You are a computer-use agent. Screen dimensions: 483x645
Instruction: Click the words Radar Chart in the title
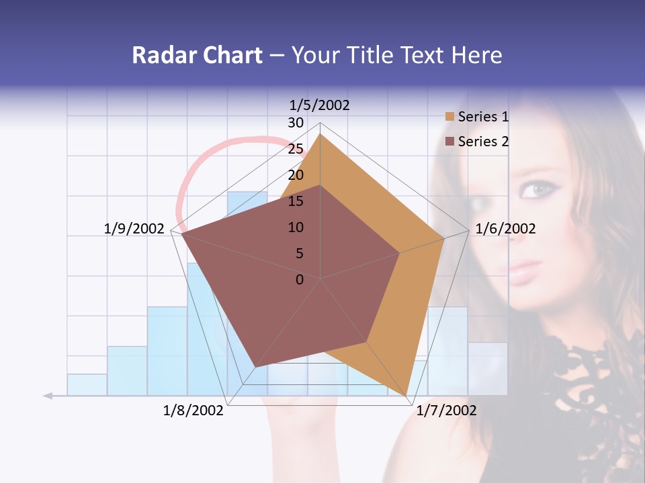[x=197, y=55]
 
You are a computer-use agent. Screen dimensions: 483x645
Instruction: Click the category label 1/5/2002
[x=319, y=105]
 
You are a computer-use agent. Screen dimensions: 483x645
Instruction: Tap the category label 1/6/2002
[x=505, y=229]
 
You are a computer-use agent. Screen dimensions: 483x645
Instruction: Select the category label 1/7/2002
[x=446, y=411]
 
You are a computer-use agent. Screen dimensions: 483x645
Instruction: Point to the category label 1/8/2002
[x=193, y=411]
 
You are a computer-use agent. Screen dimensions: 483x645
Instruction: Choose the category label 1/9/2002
[x=134, y=229]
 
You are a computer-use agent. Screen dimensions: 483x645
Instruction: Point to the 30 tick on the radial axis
[x=296, y=123]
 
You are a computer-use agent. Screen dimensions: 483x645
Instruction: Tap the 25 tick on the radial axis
[x=296, y=149]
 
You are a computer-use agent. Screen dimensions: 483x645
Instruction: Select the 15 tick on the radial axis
[x=296, y=201]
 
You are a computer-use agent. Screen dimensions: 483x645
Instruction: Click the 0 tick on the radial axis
[x=300, y=280]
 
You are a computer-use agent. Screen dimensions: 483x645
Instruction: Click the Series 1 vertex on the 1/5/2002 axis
[x=320, y=133]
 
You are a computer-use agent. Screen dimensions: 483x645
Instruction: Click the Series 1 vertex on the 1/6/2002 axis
[x=444, y=238]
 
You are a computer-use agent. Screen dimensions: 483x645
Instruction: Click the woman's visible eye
[x=535, y=190]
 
